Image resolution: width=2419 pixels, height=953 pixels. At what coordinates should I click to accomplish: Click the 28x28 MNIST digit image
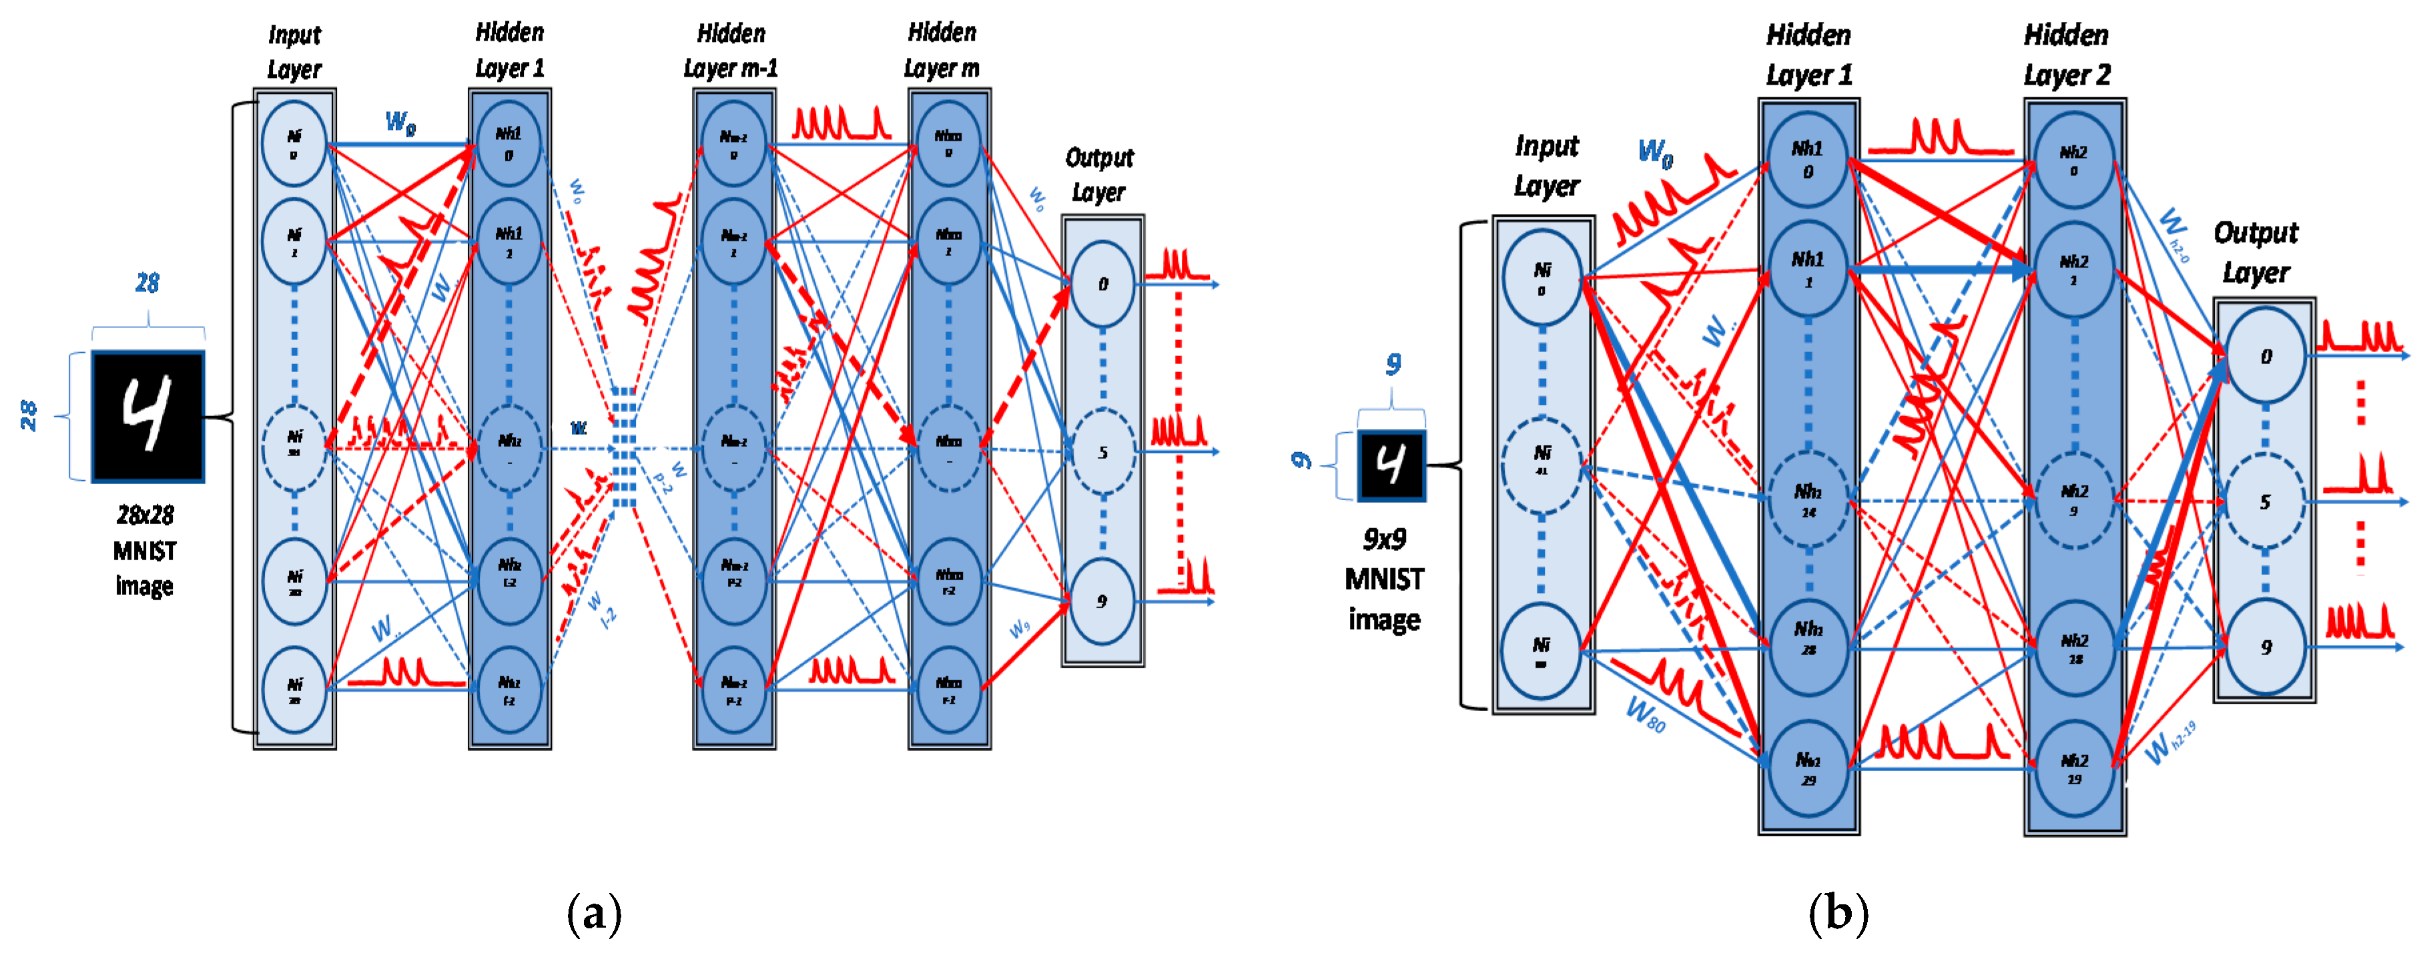tap(147, 416)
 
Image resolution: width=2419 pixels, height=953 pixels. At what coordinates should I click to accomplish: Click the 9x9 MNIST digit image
tap(1391, 465)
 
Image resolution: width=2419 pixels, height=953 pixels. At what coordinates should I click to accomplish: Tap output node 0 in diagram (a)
tap(1102, 283)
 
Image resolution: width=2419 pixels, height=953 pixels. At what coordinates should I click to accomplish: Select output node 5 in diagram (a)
tap(1102, 453)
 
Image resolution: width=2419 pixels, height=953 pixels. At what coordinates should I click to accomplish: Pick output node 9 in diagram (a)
tap(1102, 601)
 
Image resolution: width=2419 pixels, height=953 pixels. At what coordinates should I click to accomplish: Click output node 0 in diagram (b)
tap(2265, 357)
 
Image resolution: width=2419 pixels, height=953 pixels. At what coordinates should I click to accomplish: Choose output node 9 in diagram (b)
tap(2265, 647)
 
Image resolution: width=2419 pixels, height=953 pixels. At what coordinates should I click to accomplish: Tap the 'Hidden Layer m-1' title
tap(731, 51)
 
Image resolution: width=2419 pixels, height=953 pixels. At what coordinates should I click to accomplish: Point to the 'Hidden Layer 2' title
tap(2066, 55)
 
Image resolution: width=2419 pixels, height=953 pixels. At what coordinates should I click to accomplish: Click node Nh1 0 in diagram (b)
tap(1808, 159)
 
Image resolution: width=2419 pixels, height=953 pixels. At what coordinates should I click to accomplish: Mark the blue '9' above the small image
tap(1393, 363)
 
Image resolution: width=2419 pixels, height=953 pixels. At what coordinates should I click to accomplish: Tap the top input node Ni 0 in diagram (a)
tap(294, 143)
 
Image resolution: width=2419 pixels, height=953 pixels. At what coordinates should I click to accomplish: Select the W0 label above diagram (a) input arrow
tap(400, 122)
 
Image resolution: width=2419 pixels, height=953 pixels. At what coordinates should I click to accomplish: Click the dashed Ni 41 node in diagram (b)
tap(1541, 463)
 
